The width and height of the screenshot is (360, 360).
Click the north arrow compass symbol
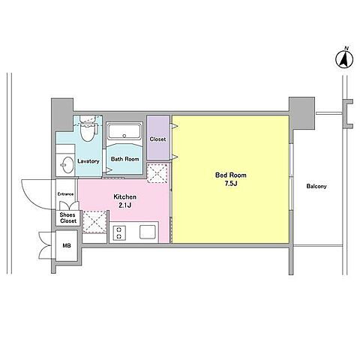(344, 59)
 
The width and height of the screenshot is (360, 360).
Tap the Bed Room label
(231, 175)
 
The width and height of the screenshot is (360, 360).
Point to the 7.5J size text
(231, 184)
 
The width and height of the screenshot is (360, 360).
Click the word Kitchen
(125, 197)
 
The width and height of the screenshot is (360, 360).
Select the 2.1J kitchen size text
(125, 205)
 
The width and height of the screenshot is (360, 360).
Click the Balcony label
(316, 186)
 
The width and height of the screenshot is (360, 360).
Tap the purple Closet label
(157, 139)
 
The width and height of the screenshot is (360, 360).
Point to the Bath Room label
(125, 159)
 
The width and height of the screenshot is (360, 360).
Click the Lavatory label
(88, 161)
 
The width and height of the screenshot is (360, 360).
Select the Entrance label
(65, 194)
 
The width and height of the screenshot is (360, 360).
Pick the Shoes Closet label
(68, 217)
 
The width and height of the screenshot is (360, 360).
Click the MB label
(67, 246)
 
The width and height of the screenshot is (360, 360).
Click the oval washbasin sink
(67, 165)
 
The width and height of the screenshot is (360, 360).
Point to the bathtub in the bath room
(124, 130)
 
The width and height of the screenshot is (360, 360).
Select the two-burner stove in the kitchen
(119, 233)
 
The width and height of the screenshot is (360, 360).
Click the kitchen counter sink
(148, 232)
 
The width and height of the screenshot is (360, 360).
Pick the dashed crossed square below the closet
(157, 173)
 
